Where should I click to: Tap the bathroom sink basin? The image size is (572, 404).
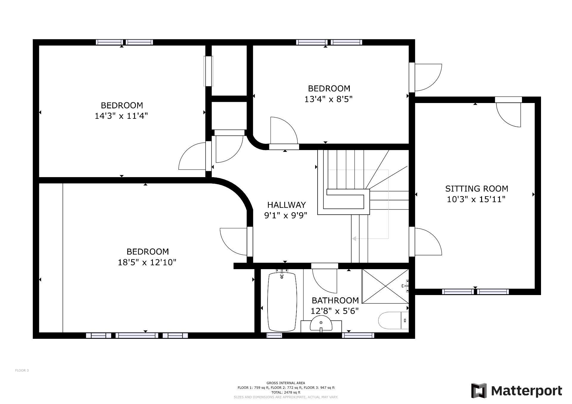pos(321,324)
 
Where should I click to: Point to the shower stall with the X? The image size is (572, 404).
pos(385,286)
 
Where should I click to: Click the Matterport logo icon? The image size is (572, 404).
pos(479,391)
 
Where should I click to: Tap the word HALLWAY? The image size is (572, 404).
pos(286,205)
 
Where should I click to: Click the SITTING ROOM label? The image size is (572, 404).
pos(476,188)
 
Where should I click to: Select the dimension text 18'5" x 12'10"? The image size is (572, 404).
pos(147,262)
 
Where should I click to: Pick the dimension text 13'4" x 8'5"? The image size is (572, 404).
pos(328,99)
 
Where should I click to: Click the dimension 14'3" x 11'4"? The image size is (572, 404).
pos(121,116)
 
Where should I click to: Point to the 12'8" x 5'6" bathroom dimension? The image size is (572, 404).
pos(335,311)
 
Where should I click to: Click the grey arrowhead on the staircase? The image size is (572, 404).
pos(354,238)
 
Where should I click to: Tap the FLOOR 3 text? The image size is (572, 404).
pos(22,370)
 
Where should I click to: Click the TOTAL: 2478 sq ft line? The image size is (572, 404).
pos(286,392)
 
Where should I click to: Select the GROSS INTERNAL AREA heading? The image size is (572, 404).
pos(286,383)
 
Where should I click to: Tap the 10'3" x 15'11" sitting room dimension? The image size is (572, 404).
pos(476,199)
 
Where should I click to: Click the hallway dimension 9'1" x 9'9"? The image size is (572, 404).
pos(286,215)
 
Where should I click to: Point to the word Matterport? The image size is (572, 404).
pos(526,391)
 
